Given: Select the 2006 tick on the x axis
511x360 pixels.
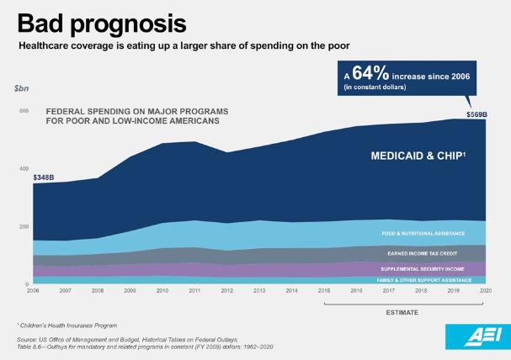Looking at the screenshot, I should click(32, 292).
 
